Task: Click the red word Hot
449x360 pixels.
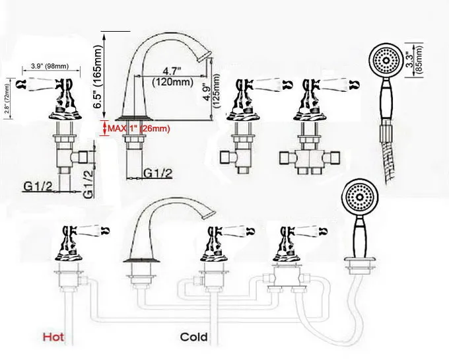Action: (x=55, y=338)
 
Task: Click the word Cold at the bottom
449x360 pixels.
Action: (x=194, y=338)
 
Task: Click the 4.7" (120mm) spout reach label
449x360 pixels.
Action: (x=172, y=77)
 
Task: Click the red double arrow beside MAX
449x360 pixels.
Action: (x=103, y=128)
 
